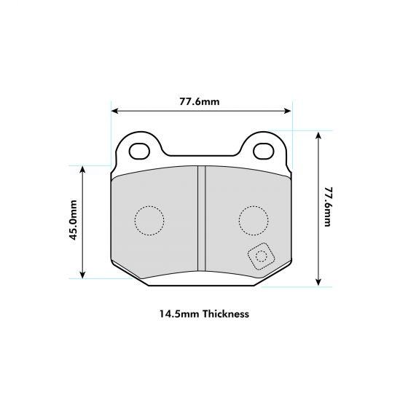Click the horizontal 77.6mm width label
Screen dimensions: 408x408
(x=200, y=101)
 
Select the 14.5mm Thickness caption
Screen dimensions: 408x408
(x=204, y=315)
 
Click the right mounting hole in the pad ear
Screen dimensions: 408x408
(x=263, y=151)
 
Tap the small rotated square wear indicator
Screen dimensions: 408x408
(x=261, y=257)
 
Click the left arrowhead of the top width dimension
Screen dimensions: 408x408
(x=114, y=111)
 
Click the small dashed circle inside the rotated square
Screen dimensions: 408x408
(x=261, y=257)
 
